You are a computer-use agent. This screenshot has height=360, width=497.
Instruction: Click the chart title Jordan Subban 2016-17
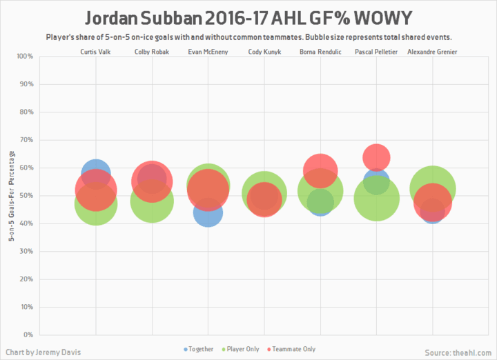pos(248,17)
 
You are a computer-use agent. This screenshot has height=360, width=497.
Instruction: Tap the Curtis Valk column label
pos(96,52)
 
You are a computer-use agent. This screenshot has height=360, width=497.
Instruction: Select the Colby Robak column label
pos(151,52)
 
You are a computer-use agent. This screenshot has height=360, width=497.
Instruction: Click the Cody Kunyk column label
pos(264,52)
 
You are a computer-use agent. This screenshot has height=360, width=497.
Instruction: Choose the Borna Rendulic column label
pos(320,52)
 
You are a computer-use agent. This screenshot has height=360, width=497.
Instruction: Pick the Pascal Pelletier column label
pos(376,52)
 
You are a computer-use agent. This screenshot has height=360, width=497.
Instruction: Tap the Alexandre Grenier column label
pos(432,52)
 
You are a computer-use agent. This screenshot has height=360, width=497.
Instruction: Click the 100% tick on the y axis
pos(24,57)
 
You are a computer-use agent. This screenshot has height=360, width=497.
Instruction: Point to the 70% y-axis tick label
pos(26,140)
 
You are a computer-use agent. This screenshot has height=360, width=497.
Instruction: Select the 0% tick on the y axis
pos(28,335)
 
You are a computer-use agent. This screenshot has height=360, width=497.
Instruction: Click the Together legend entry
pos(199,350)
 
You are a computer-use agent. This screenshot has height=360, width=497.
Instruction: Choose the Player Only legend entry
pos(241,350)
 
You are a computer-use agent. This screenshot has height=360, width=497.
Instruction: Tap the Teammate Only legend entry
pos(292,350)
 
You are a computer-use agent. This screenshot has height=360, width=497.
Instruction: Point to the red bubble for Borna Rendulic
pos(320,169)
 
